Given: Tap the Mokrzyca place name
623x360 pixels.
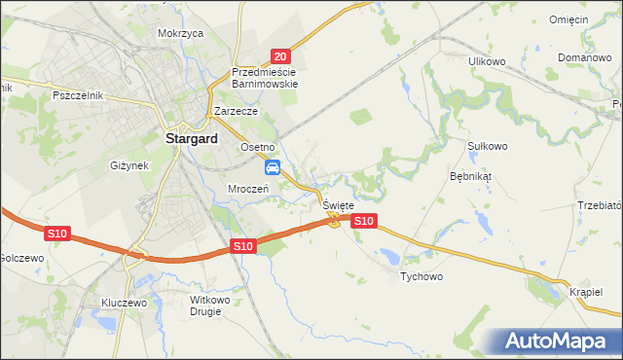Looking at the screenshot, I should pos(180,32).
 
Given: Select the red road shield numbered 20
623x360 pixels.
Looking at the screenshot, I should pos(280,57).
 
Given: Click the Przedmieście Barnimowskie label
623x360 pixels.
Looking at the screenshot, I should pos(265,78).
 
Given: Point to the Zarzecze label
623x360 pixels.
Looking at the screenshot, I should pos(236,112).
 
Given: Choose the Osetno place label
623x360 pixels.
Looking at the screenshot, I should pos(260,146).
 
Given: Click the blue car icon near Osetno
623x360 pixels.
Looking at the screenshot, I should pos(274,167).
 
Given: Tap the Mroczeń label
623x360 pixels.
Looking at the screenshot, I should pos(248,188).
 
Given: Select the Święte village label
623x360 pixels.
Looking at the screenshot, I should pos(338,206).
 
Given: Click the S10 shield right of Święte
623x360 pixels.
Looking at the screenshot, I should pos(362,222).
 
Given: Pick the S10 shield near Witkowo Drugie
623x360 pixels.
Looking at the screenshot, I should pos(243,247).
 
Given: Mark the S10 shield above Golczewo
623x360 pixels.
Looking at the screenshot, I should pos(56,234).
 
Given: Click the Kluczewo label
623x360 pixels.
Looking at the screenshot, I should pos(124,303).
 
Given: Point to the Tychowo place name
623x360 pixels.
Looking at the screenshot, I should pos(422,276).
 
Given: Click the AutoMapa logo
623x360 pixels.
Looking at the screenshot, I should pos(559,342).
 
